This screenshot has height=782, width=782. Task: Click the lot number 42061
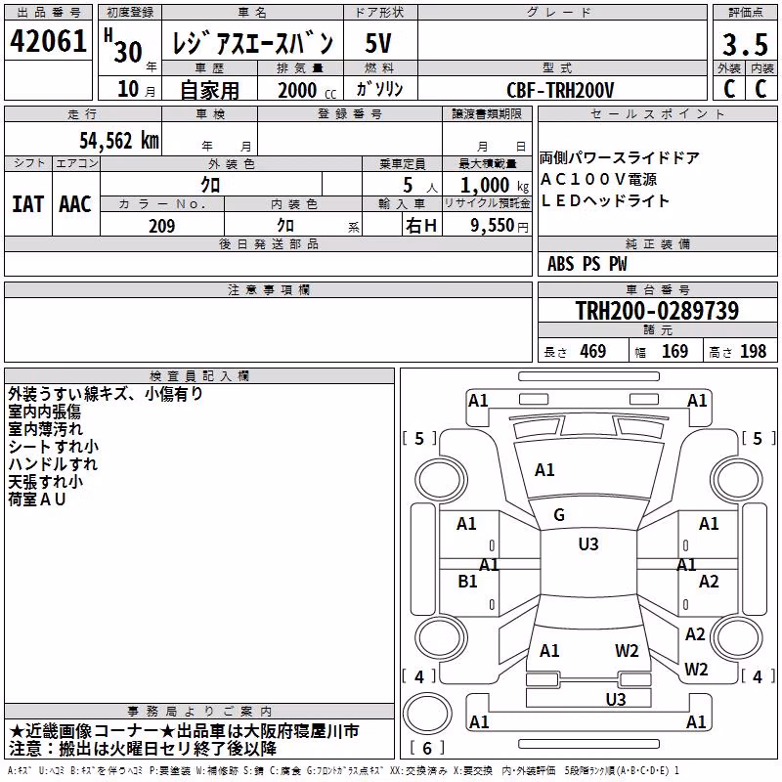click(48, 41)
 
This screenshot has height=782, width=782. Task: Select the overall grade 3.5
click(745, 44)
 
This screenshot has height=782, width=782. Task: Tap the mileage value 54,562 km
click(119, 141)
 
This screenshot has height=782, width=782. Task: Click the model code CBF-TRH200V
click(560, 90)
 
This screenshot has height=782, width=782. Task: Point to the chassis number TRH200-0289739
click(657, 310)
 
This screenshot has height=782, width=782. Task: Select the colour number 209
click(162, 226)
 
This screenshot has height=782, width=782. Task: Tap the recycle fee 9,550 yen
click(500, 226)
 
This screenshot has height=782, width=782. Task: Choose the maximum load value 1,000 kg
click(495, 186)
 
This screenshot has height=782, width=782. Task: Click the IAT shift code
click(27, 204)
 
